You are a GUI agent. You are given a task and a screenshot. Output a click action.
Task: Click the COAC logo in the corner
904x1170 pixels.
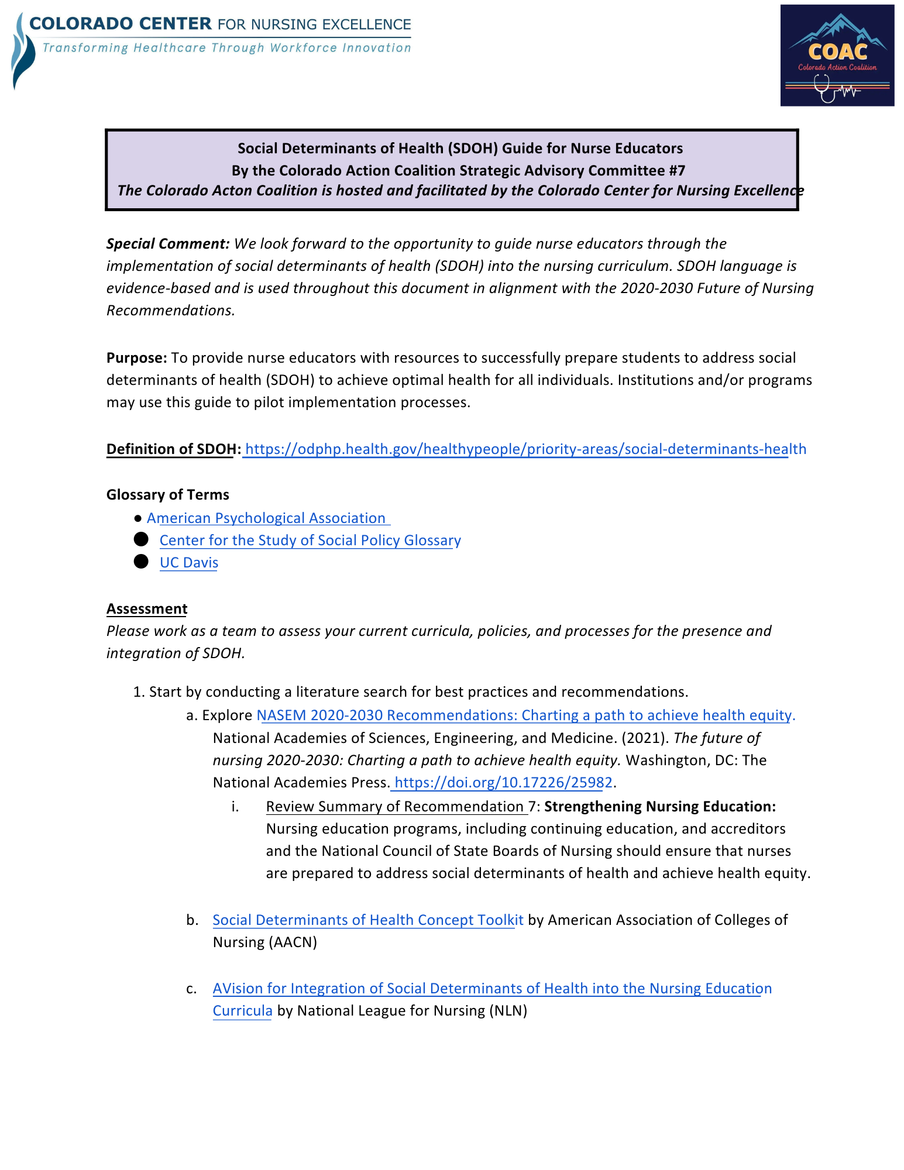click(837, 56)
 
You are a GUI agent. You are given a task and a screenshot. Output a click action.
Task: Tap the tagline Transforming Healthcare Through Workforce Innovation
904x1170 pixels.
click(226, 48)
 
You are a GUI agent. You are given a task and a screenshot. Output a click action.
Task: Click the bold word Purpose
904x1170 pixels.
click(136, 358)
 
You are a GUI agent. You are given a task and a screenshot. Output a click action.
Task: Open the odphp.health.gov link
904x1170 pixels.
click(525, 449)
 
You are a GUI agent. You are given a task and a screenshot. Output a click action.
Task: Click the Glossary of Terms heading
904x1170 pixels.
click(167, 495)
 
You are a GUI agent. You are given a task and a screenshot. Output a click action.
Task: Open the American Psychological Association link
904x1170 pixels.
click(266, 518)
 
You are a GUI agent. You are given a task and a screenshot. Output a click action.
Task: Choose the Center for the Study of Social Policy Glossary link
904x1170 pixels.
click(310, 541)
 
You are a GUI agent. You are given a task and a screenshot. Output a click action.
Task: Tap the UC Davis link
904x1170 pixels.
click(188, 563)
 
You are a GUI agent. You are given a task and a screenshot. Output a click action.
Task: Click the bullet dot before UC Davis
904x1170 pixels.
click(141, 562)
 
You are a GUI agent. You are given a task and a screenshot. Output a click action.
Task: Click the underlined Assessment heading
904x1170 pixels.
click(146, 609)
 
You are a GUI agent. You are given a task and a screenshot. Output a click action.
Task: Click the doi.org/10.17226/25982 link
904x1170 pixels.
click(503, 783)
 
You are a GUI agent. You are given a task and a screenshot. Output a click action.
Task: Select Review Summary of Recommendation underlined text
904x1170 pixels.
click(396, 807)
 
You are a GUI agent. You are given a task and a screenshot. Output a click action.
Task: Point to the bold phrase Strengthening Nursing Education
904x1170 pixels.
click(659, 807)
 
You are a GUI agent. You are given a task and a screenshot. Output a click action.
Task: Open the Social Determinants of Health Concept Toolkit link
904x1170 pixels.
click(367, 920)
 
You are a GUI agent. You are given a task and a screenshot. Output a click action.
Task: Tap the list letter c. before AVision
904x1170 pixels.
click(191, 989)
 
